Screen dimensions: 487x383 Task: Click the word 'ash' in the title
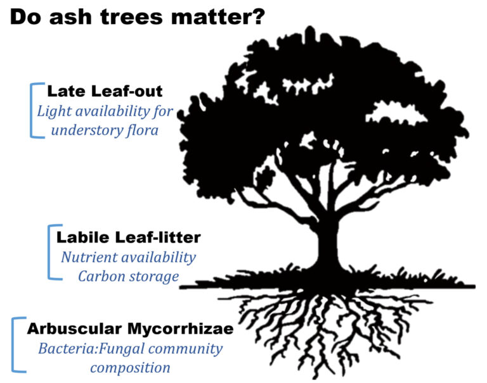pyautogui.click(x=70, y=17)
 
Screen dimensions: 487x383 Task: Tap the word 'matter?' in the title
pyautogui.click(x=218, y=17)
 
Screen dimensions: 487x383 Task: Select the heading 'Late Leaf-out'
pyautogui.click(x=105, y=91)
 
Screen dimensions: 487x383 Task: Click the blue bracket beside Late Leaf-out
pyautogui.click(x=32, y=110)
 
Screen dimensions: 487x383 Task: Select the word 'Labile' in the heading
pyautogui.click(x=83, y=237)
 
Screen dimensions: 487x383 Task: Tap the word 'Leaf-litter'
pyautogui.click(x=158, y=237)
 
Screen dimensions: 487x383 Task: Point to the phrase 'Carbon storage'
pyautogui.click(x=128, y=277)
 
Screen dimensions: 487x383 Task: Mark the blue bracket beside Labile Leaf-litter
pyautogui.click(x=50, y=252)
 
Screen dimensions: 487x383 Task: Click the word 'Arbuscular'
pyautogui.click(x=74, y=329)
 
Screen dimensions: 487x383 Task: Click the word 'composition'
pyautogui.click(x=130, y=368)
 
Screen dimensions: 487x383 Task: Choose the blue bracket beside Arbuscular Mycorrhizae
pyautogui.click(x=14, y=344)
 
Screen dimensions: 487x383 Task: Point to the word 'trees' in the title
pyautogui.click(x=132, y=17)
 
